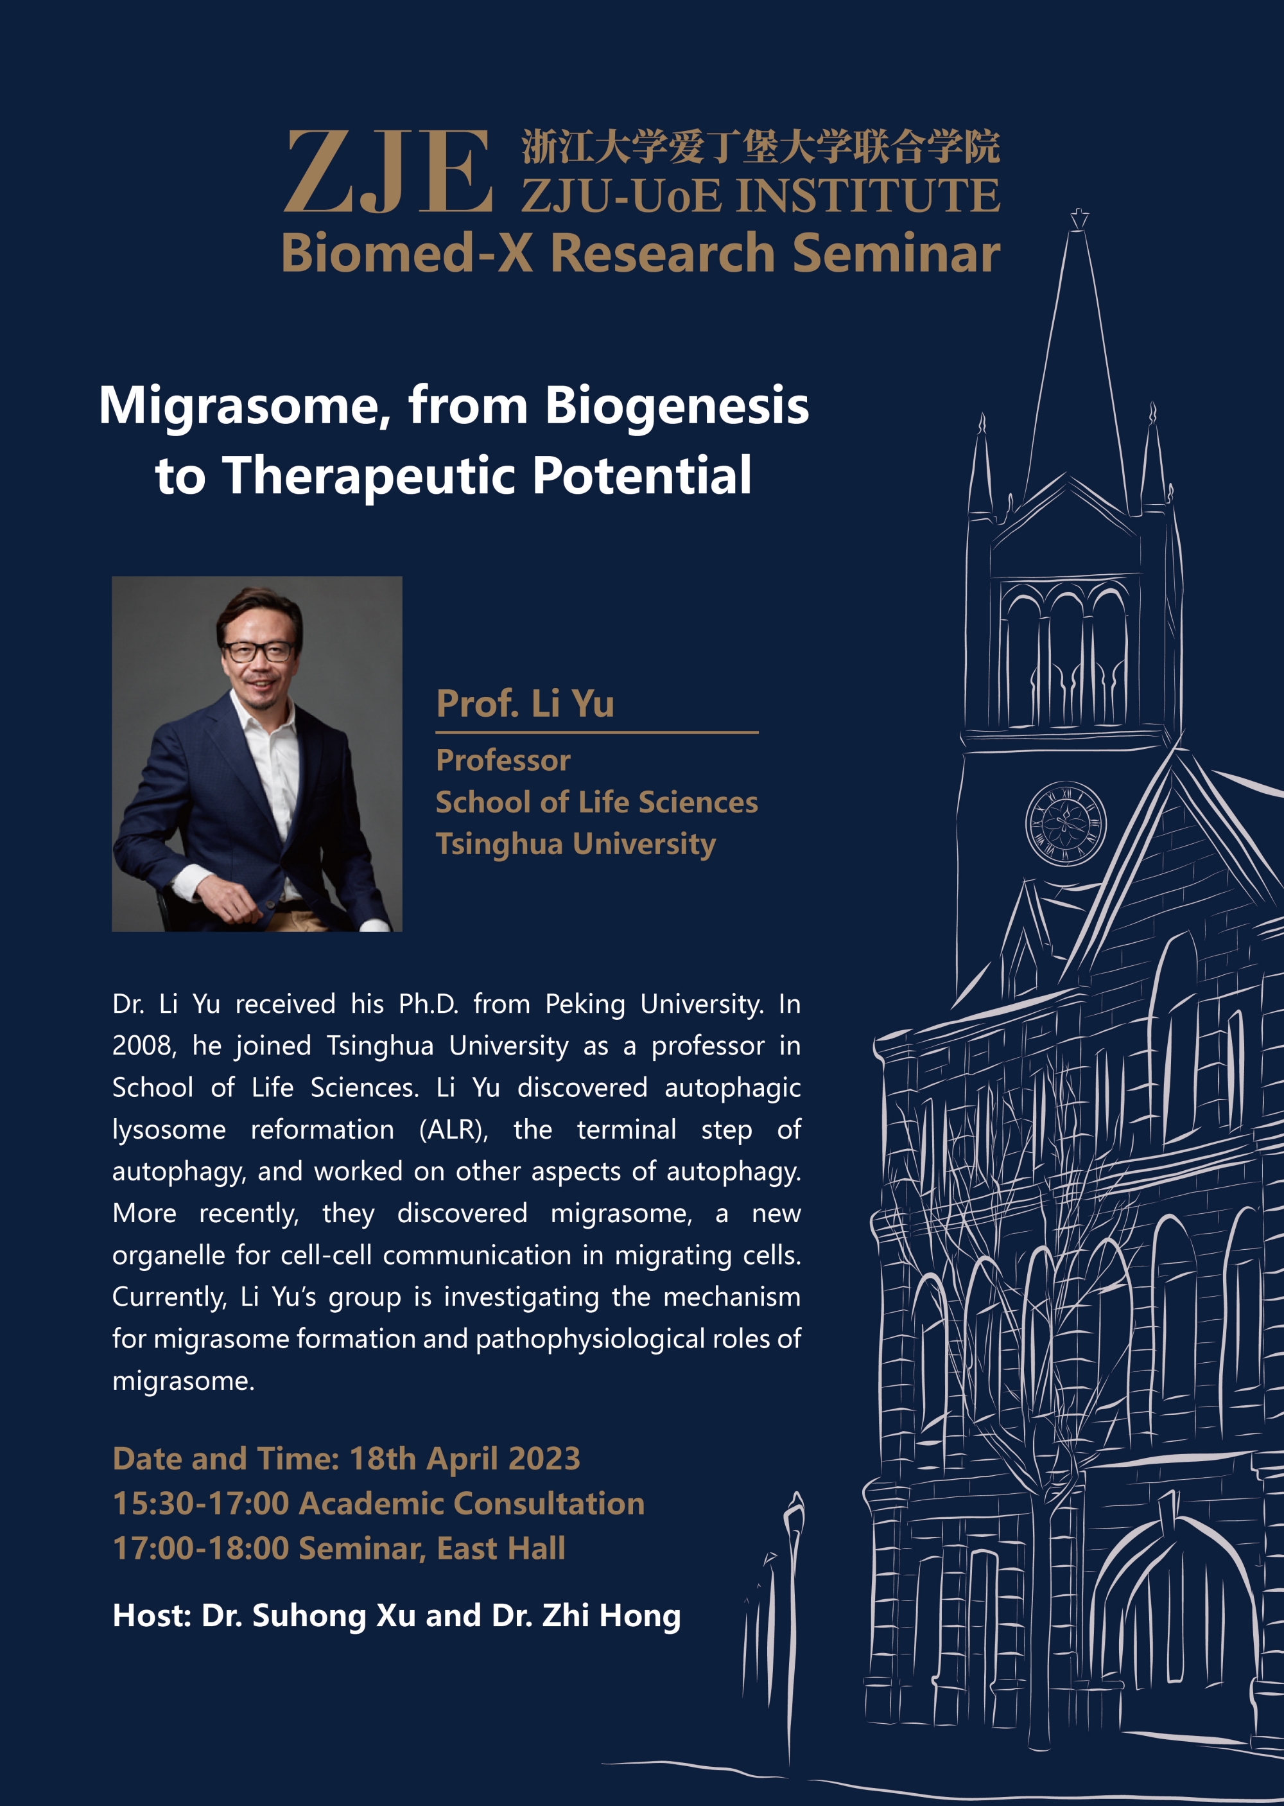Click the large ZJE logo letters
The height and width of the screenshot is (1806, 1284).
coord(388,172)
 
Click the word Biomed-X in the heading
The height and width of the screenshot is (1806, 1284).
coord(407,254)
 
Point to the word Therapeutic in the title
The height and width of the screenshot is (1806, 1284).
coord(371,476)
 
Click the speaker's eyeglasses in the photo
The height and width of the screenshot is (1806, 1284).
coord(257,651)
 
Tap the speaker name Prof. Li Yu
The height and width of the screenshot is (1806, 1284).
coord(525,703)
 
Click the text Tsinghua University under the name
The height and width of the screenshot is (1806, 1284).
coord(576,844)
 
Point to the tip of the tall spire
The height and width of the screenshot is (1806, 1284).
coord(1079,212)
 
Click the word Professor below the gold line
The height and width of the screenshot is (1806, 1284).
coord(503,760)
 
